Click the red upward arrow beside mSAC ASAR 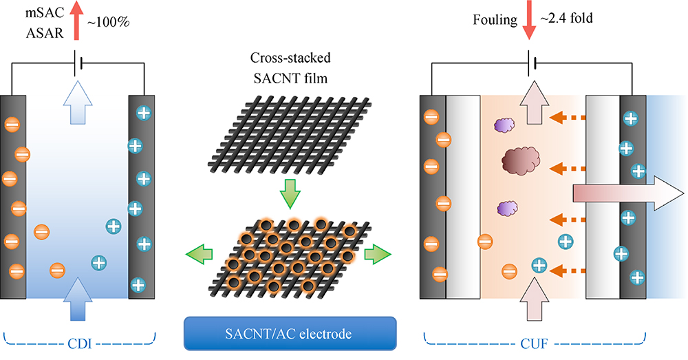[x=76, y=21]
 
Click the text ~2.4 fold [x=567, y=19]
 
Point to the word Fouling [x=493, y=19]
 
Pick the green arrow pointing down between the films [x=289, y=195]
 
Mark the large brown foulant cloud [x=521, y=162]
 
